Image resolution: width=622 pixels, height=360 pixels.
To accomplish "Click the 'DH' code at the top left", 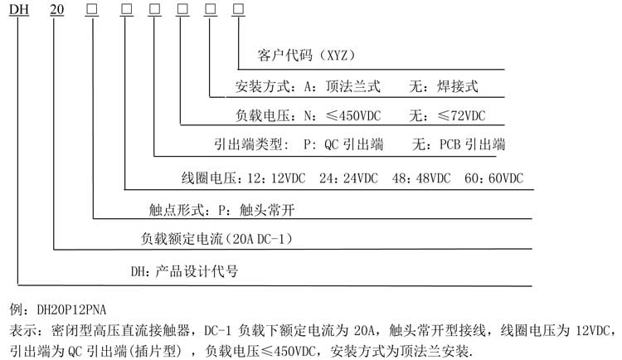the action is tap(19, 9).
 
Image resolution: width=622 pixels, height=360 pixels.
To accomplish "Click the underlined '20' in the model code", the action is tap(57, 9).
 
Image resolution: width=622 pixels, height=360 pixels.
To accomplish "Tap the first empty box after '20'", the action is tap(92, 9).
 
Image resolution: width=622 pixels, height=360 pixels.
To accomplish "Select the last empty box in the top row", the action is tap(238, 9).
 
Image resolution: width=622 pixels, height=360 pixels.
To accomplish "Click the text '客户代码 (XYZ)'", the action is tap(306, 56).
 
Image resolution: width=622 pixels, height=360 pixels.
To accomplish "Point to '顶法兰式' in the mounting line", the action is tap(353, 86).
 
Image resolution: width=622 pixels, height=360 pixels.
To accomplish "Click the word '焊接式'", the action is tap(457, 86).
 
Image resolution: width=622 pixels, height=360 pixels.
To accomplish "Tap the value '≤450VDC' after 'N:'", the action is tap(353, 115).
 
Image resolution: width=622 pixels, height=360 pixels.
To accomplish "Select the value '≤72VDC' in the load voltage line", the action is tap(462, 115).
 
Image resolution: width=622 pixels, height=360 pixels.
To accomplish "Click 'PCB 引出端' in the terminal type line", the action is tap(473, 144).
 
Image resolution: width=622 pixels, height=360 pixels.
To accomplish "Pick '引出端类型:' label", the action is tap(251, 144).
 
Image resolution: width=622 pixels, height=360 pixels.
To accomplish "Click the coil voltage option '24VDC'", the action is tap(361, 178).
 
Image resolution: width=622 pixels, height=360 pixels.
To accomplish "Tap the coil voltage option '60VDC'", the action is tap(506, 178).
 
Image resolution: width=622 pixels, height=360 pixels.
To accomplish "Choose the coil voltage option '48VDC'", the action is tap(433, 178).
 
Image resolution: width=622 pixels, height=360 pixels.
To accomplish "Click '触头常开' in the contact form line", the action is tap(267, 210).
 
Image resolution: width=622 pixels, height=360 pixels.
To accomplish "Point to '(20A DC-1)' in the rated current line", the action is tap(260, 239).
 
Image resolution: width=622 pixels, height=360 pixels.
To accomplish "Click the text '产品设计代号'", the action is tap(197, 271).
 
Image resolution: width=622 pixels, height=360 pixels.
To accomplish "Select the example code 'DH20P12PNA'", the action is tap(71, 309).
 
